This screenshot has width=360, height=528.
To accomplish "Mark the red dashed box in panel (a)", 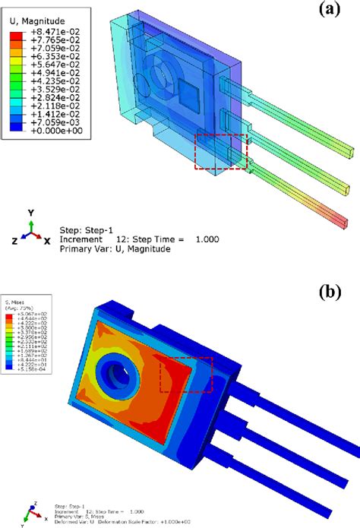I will click(221, 150).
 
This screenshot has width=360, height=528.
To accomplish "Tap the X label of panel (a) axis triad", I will click(47, 240).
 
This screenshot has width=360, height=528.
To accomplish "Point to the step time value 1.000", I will click(205, 238).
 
